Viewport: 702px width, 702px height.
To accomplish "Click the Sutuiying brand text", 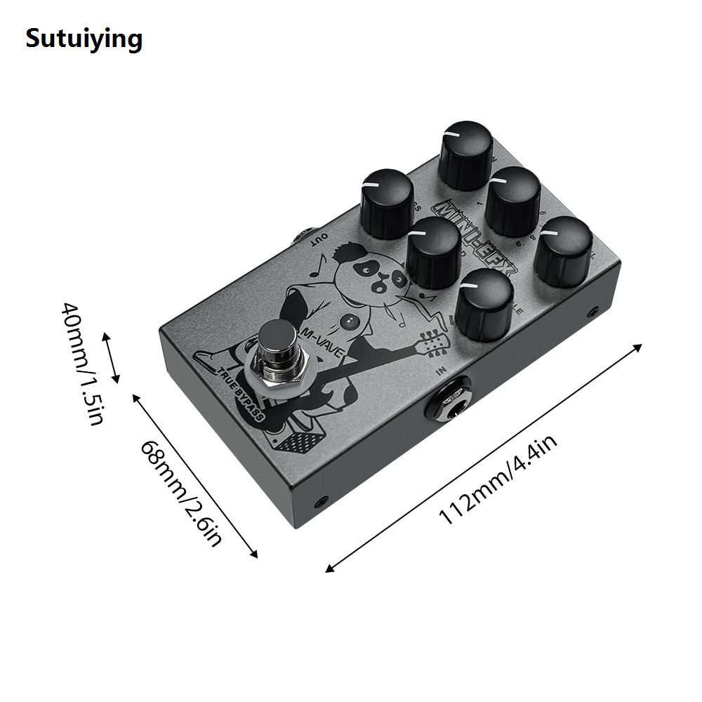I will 84,38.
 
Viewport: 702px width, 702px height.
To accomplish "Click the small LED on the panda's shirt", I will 349,322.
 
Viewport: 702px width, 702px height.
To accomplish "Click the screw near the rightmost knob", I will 594,311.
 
